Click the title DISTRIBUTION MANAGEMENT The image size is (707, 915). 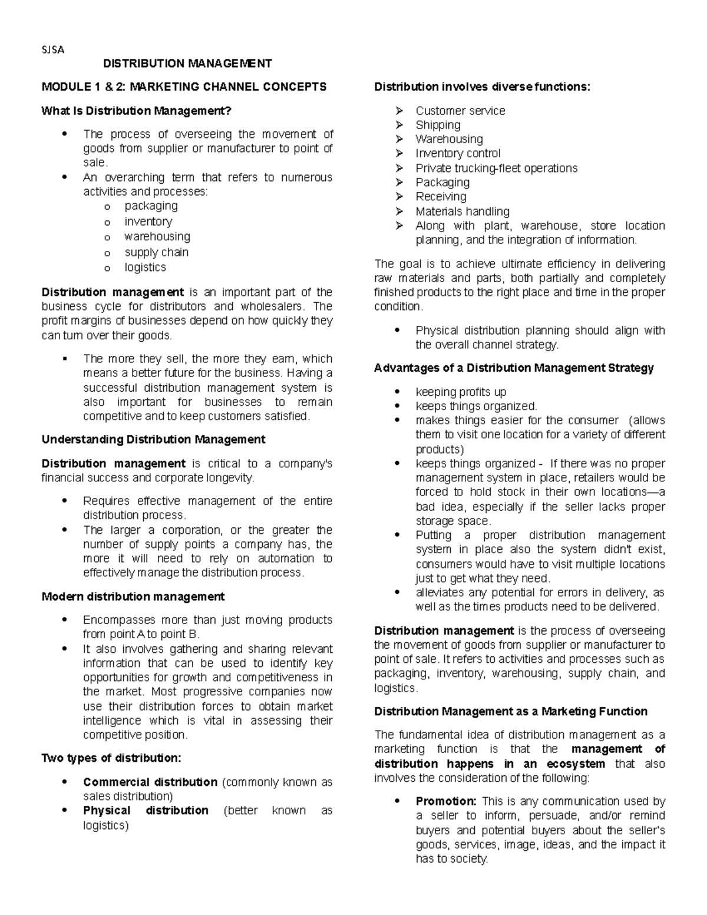point(187,64)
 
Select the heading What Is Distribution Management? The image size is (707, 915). point(136,111)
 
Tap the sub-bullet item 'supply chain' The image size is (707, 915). point(156,252)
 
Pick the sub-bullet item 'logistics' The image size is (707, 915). point(145,267)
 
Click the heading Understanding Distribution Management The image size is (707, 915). point(153,440)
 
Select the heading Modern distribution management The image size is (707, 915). point(133,597)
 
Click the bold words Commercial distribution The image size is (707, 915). point(150,782)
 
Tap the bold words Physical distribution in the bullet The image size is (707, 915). point(146,811)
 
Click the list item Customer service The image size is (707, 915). point(460,111)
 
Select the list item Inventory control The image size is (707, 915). point(457,154)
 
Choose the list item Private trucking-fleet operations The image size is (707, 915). point(496,169)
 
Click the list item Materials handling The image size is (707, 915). point(462,212)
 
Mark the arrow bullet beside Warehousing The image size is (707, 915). point(399,140)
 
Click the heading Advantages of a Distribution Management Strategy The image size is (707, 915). point(514,368)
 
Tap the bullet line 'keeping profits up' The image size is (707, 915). point(460,392)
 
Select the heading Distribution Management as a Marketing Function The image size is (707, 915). point(510,712)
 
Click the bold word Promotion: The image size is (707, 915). point(445,801)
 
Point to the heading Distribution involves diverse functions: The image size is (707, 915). point(481,87)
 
